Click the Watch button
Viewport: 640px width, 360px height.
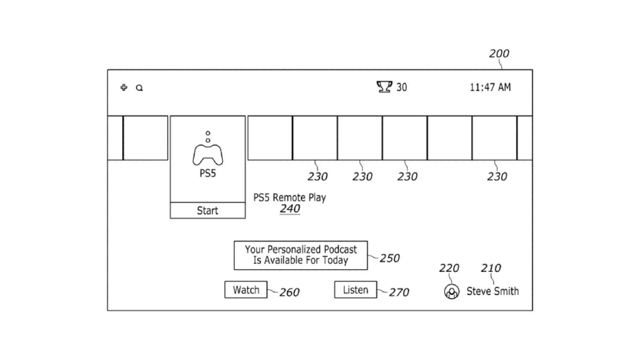(246, 290)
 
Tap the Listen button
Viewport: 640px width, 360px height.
(355, 290)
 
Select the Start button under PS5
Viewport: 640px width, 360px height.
(207, 210)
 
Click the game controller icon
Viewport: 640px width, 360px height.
(208, 154)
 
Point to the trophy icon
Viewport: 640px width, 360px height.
(384, 87)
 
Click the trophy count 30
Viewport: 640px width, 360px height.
(401, 87)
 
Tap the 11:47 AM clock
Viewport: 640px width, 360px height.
(490, 87)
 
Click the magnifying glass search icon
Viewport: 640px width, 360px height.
(139, 88)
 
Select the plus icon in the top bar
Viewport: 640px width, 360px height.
(124, 87)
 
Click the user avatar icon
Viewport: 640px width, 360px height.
(451, 292)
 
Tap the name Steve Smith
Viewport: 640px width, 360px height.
(492, 291)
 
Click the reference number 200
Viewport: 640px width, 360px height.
(499, 54)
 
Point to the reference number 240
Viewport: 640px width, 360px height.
(290, 209)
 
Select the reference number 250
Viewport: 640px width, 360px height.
(390, 258)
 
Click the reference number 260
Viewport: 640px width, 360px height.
(289, 292)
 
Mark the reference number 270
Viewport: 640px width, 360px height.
(399, 292)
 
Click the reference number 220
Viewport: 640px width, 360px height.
(449, 268)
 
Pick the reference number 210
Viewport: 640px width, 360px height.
(491, 268)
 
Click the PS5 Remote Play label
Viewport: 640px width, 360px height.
(289, 197)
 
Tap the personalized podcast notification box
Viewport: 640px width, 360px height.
(300, 255)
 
